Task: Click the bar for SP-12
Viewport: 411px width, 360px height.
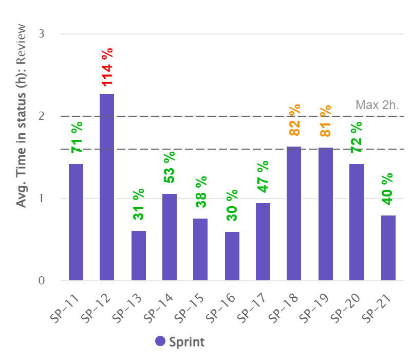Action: (107, 188)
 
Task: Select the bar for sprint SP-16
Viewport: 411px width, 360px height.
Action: (232, 256)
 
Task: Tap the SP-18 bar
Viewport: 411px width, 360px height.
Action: (294, 213)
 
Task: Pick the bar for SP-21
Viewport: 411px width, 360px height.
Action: (388, 248)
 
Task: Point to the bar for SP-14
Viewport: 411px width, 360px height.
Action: (170, 237)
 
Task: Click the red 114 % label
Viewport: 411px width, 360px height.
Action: (107, 67)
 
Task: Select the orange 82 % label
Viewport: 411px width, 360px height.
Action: (294, 120)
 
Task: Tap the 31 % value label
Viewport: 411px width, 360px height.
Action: (138, 204)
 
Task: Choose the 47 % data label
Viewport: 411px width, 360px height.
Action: (263, 176)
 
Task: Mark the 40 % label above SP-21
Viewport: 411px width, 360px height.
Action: (388, 189)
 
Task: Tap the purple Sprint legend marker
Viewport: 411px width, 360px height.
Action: (160, 341)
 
